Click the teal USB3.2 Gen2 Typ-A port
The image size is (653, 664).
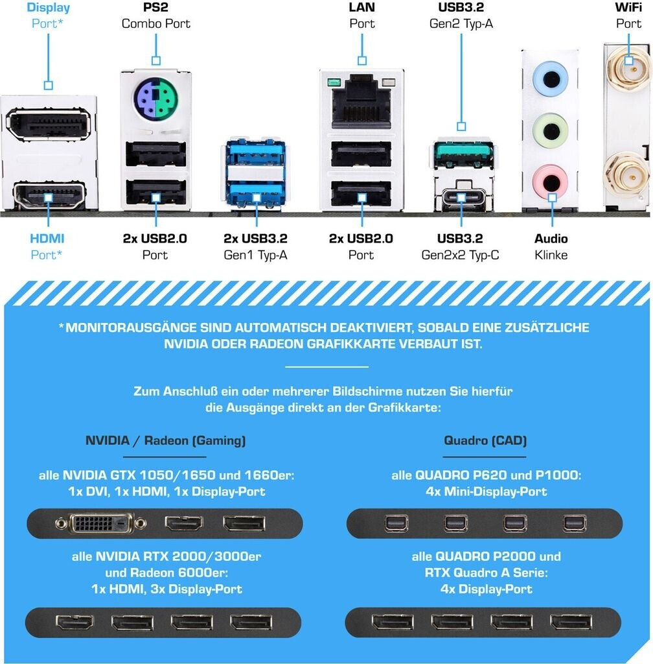pos(461,154)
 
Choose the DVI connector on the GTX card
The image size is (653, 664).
pos(100,523)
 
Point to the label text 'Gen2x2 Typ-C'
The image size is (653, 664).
pos(461,255)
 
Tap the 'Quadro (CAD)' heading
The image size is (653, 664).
pos(485,441)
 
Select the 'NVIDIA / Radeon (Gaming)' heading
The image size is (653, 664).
pos(166,441)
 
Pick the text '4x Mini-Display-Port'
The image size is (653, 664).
pos(486,492)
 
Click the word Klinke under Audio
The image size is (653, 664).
pos(551,255)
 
